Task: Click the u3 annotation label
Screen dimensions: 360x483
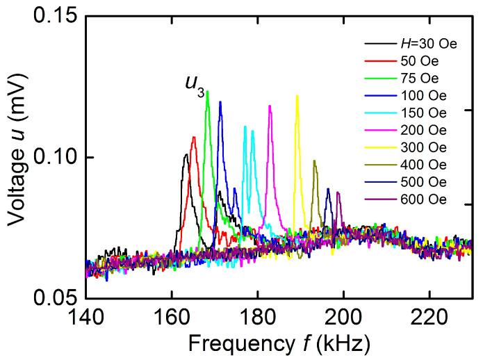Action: (x=195, y=84)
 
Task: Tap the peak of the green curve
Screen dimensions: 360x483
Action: (x=207, y=92)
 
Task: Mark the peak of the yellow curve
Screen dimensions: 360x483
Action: (x=297, y=96)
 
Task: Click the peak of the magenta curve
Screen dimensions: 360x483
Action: (x=270, y=106)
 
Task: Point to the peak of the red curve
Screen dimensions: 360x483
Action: (x=193, y=137)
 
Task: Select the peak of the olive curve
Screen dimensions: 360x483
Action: (x=315, y=161)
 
